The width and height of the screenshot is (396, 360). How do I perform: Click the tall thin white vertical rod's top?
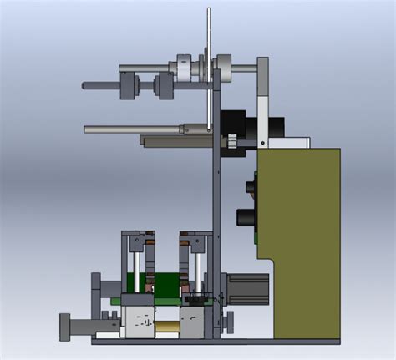208,12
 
